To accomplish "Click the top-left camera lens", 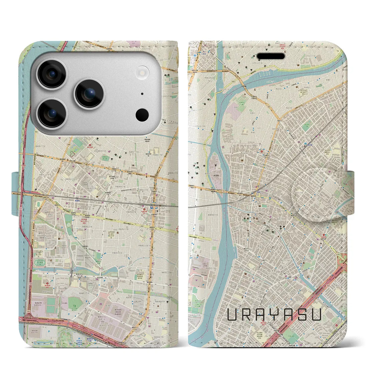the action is tap(52, 74).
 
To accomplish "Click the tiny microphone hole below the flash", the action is tap(142, 94).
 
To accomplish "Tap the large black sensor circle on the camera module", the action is tap(142, 114).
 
